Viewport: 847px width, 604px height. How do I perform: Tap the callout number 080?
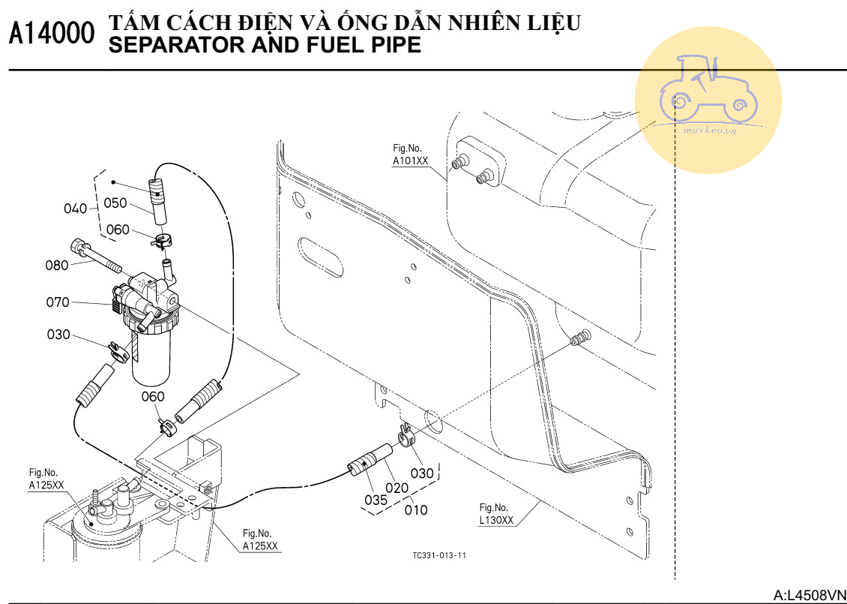pyautogui.click(x=57, y=265)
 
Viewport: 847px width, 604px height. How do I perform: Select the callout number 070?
pyautogui.click(x=57, y=302)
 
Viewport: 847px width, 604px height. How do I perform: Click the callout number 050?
pyautogui.click(x=115, y=203)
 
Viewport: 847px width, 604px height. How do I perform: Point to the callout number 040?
pyautogui.click(x=76, y=209)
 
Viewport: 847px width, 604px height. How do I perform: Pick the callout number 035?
pyautogui.click(x=376, y=500)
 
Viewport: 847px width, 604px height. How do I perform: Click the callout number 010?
pyautogui.click(x=415, y=510)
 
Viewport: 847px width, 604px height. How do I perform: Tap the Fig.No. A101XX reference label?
pyautogui.click(x=411, y=155)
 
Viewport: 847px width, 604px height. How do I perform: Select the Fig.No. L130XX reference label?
pyautogui.click(x=496, y=514)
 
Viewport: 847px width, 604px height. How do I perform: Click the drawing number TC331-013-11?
pyautogui.click(x=439, y=555)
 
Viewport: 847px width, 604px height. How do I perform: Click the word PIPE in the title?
pyautogui.click(x=394, y=46)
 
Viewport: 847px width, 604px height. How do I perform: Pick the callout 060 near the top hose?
pyautogui.click(x=117, y=230)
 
